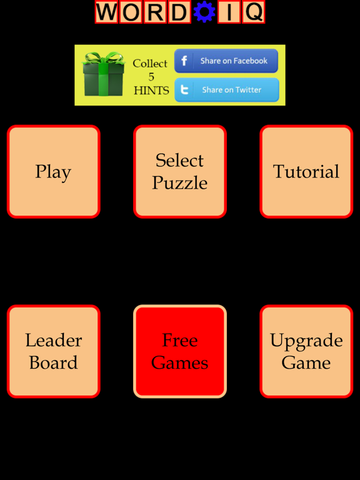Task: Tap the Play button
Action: (x=54, y=171)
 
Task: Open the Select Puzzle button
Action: (x=180, y=171)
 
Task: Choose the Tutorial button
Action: (x=306, y=171)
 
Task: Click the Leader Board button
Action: (x=54, y=351)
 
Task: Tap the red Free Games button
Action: (x=180, y=351)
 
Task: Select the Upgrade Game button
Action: (x=306, y=351)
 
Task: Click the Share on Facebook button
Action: (x=226, y=61)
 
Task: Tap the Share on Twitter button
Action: (x=227, y=90)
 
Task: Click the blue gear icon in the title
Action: (x=204, y=12)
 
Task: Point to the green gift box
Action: (x=104, y=74)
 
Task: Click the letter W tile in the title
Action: (x=106, y=12)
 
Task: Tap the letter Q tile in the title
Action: (x=254, y=12)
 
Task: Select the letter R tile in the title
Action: (x=155, y=12)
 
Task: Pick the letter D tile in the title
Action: (x=180, y=12)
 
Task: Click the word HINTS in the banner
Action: (x=151, y=91)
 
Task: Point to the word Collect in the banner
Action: (x=150, y=63)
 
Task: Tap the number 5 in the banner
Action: (x=151, y=76)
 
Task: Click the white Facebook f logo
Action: (x=184, y=61)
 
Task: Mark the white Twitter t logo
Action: (x=184, y=90)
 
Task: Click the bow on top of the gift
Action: (x=104, y=58)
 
